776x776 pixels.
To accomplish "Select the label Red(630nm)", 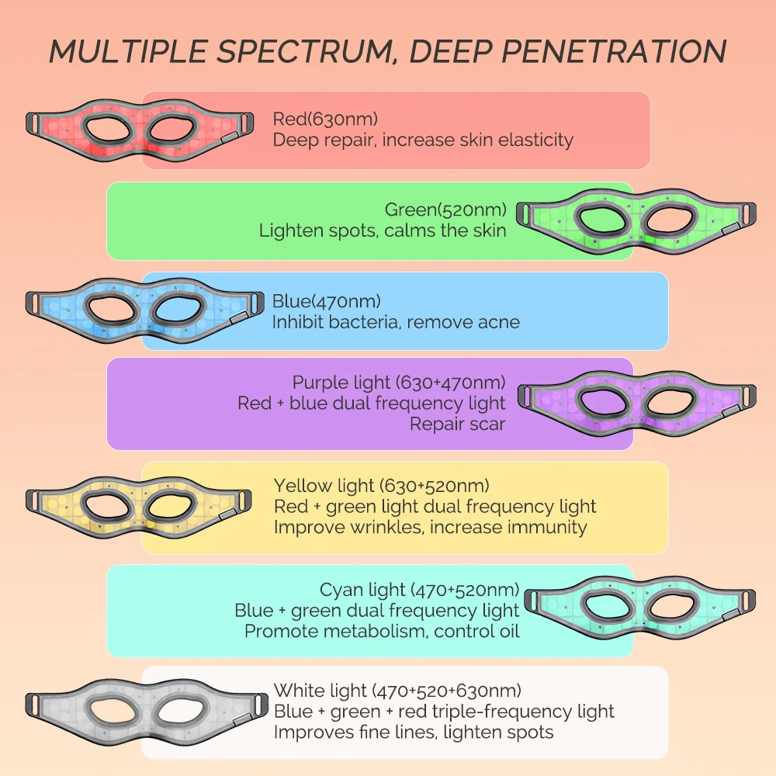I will (325, 120).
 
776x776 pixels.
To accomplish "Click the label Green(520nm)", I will (445, 210).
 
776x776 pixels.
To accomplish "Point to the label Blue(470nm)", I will (327, 301).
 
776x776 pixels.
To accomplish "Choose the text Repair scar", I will (458, 424).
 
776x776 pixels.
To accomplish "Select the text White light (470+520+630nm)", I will (397, 690).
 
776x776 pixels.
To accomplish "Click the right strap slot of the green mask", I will (747, 211).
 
